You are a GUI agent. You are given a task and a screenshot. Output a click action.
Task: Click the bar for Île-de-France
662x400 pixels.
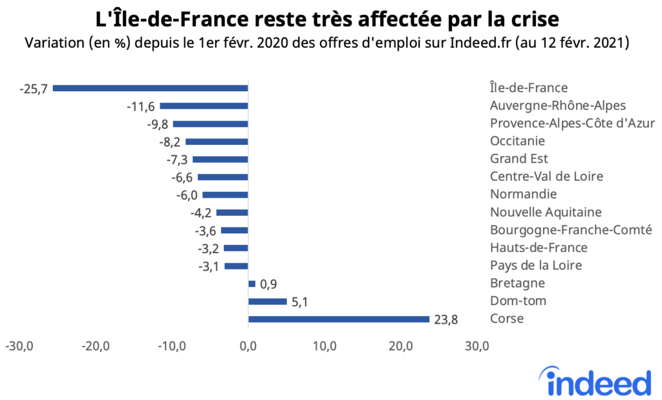(x=150, y=88)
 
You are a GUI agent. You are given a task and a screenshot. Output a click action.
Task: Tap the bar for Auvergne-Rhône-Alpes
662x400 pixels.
(x=204, y=105)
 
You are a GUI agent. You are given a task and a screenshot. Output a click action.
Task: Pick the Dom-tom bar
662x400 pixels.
(x=267, y=301)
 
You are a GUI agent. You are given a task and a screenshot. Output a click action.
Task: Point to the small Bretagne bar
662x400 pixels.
(x=251, y=283)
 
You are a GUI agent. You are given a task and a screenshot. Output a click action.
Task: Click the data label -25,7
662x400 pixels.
(x=34, y=88)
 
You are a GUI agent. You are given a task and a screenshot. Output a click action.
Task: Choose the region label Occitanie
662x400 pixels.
(x=517, y=141)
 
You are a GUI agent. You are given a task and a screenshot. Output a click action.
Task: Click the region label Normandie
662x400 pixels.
(x=523, y=195)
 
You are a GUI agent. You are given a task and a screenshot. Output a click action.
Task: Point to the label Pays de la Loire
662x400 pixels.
(x=536, y=266)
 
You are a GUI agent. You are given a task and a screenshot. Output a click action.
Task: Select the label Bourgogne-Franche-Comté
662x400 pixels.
(x=571, y=230)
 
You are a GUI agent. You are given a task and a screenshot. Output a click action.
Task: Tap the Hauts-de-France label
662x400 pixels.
(x=539, y=247)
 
